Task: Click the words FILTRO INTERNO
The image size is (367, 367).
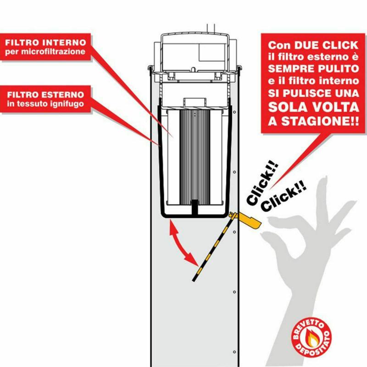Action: tap(45, 43)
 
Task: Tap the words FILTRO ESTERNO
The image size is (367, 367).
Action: tap(45, 95)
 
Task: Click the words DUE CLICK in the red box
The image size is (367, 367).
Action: tap(326, 45)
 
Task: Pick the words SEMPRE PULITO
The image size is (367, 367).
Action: tap(313, 69)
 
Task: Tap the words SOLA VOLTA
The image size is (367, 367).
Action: tap(313, 107)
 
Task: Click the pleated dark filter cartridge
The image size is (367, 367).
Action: tap(195, 156)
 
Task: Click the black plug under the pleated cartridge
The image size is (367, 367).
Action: tap(195, 207)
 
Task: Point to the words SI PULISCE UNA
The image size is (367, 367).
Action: tap(313, 94)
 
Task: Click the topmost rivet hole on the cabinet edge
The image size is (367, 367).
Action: tap(234, 112)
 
